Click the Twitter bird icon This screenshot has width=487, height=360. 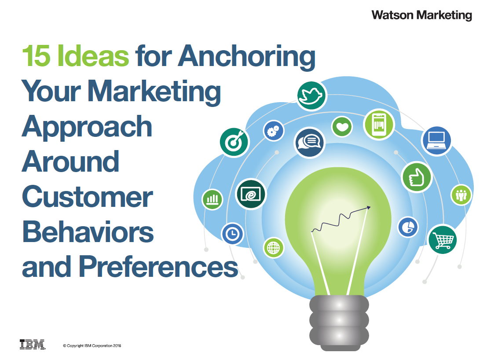point(311,96)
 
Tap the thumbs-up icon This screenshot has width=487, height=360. point(417,177)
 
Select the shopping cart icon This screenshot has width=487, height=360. point(442,239)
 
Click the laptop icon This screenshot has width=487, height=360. point(436,141)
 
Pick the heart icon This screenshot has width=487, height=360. point(342,127)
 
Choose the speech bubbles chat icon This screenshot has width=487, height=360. point(309,143)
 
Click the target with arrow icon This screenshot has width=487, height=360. point(234,142)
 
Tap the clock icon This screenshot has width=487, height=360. point(232,234)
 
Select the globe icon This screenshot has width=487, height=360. point(273,248)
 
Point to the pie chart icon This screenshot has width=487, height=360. point(408,227)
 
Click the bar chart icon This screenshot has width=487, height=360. point(212,199)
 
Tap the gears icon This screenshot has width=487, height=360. point(273,131)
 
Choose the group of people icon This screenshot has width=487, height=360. point(461,195)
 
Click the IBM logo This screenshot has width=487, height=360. point(32,345)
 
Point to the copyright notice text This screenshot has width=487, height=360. point(92,346)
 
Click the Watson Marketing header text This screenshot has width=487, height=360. point(421,15)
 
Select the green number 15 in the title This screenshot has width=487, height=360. point(36,55)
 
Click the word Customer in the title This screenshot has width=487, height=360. point(88,197)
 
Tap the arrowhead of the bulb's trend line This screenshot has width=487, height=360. point(369,207)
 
